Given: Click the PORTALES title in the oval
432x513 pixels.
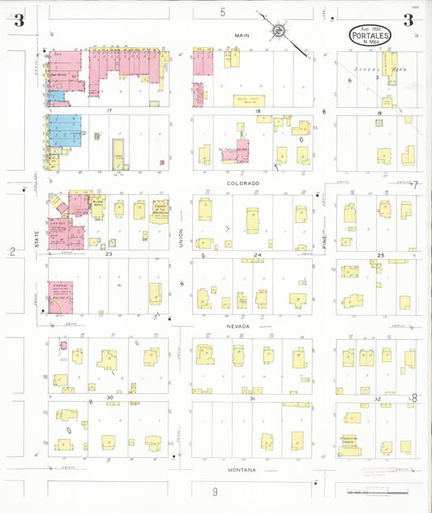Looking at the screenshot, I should tap(374, 35).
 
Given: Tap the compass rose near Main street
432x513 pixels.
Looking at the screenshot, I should tap(277, 31).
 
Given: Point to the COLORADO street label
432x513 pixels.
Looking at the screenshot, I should tap(242, 183).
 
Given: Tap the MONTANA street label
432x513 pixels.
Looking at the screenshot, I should tap(242, 470).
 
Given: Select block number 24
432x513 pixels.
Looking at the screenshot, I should tap(258, 255).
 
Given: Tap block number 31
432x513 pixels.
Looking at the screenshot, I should tap(253, 399).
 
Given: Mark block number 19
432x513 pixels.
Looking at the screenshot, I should tap(379, 112).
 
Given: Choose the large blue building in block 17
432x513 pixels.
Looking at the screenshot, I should tap(65, 130).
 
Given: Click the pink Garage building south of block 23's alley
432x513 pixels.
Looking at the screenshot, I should tap(61, 297).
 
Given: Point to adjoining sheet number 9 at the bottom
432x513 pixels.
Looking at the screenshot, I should tap(215, 492).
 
